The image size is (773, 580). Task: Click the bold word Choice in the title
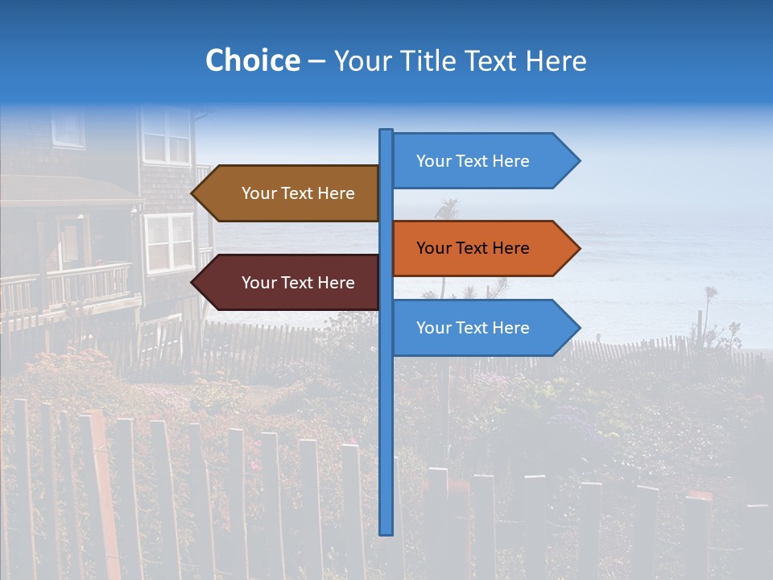tap(252, 60)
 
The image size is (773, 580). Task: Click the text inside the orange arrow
tap(473, 248)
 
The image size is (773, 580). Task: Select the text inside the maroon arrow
tap(298, 283)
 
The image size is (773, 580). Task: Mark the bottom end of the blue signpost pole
tap(386, 532)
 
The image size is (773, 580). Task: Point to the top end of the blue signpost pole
tap(386, 131)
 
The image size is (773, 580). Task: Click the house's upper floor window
tap(166, 135)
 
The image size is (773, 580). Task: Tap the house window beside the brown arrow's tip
tap(168, 242)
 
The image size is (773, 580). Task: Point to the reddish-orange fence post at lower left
tap(100, 491)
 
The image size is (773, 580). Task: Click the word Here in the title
tap(556, 60)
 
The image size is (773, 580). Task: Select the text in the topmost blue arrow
tap(473, 161)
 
